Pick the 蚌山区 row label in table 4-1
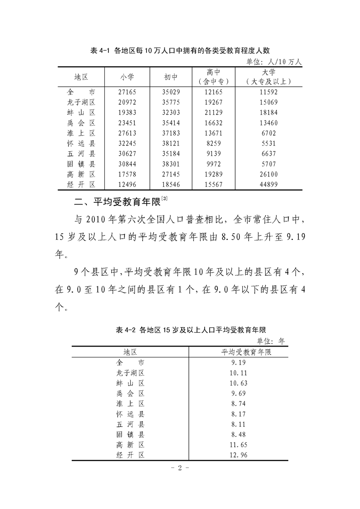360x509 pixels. point(80,113)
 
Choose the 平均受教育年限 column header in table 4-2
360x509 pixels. point(239,352)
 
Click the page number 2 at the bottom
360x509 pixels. point(179,468)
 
